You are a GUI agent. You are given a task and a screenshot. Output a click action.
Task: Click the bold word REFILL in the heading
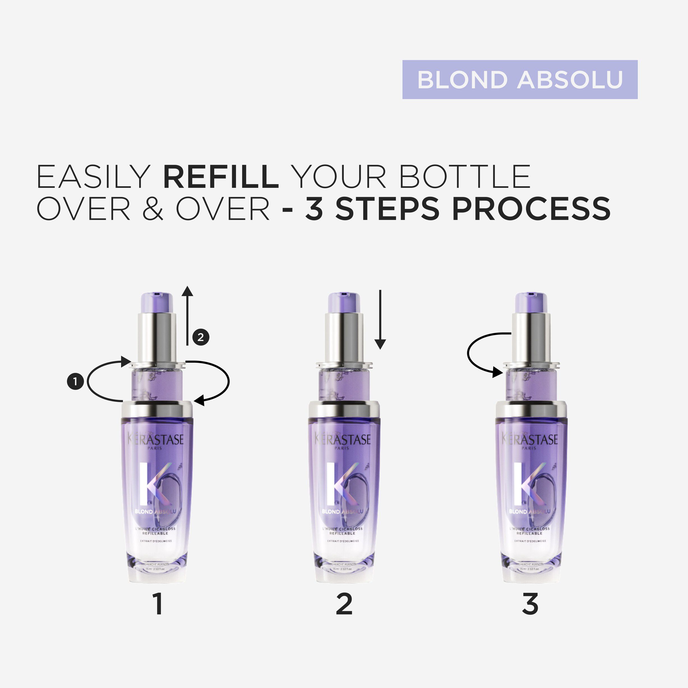tap(221, 177)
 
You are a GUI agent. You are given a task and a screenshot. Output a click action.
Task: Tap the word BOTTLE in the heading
tap(465, 177)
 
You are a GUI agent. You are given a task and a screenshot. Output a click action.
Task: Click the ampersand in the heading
tap(153, 209)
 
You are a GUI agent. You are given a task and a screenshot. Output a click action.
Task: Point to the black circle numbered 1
tap(75, 382)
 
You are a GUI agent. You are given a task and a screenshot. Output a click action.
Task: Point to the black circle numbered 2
tap(201, 337)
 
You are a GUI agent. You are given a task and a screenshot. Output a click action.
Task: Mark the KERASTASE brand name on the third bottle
tap(530, 440)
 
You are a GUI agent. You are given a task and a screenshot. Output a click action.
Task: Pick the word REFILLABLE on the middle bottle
tap(342, 533)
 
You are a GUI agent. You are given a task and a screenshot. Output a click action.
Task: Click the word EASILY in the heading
tap(94, 177)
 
